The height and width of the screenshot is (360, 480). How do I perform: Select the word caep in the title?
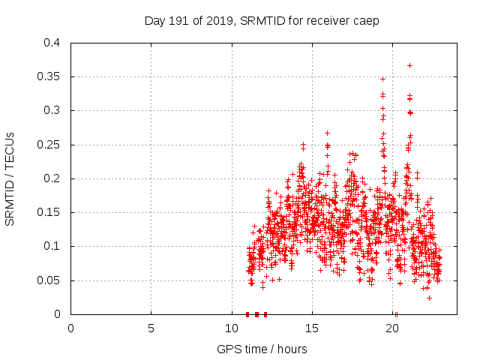[365, 20]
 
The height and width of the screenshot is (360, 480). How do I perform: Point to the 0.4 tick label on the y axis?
[52, 43]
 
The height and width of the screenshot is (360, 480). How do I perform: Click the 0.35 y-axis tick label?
[49, 76]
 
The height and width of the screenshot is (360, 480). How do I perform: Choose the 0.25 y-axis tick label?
[49, 145]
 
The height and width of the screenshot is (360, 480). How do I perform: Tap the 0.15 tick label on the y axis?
[49, 212]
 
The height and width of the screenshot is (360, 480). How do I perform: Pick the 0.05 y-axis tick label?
[49, 280]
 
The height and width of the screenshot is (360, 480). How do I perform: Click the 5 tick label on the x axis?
[151, 328]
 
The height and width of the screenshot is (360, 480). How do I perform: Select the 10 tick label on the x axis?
[232, 328]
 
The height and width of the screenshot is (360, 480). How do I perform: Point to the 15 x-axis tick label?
[313, 328]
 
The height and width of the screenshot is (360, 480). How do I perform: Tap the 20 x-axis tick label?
[394, 328]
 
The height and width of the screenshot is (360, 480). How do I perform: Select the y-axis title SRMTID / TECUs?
[10, 178]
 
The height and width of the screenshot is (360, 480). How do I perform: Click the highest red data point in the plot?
[409, 65]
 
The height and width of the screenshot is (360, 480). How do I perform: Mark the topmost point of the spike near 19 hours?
[382, 79]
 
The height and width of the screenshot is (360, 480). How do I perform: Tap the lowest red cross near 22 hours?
[429, 298]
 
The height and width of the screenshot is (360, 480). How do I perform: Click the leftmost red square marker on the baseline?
[247, 314]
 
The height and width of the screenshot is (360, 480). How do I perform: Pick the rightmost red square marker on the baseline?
[265, 314]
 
